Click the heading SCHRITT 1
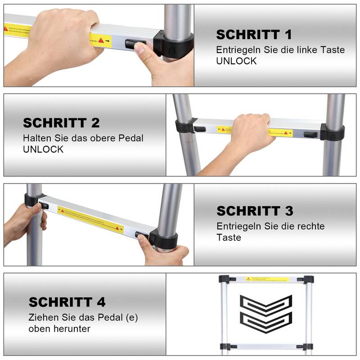254,35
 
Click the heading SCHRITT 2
61,123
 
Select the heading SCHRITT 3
255,211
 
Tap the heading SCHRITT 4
67,302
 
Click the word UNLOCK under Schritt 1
236,61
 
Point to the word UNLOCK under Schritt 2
43,149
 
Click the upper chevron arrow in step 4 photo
266,304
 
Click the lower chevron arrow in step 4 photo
266,320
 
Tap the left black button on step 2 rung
200,129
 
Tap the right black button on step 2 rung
310,134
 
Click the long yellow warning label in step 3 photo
90,218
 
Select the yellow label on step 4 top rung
266,279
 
